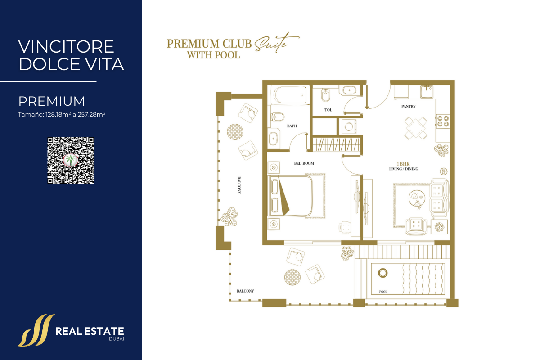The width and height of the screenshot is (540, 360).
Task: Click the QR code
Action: [71, 160]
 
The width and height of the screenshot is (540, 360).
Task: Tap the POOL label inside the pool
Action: [383, 292]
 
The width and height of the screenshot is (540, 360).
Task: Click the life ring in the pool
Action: [382, 273]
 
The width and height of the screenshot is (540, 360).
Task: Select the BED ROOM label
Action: [304, 163]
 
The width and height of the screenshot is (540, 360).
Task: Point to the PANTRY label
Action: [409, 106]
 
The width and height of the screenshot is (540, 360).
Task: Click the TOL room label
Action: [328, 110]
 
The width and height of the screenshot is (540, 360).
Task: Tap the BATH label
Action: [292, 126]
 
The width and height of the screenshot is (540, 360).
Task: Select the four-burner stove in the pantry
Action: [443, 121]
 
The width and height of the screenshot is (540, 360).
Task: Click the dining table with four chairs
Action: [416, 128]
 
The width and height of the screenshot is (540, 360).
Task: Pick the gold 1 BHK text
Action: [403, 164]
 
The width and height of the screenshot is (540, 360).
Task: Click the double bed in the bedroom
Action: [292, 196]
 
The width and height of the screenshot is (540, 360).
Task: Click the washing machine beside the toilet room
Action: [349, 126]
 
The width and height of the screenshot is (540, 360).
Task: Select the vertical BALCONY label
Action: [239, 185]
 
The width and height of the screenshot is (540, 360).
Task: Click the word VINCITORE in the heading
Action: [66, 47]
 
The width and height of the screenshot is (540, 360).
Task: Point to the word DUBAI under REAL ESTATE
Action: [117, 339]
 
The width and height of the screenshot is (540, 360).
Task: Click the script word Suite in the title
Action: [276, 43]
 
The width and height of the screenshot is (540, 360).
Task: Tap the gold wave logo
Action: [36, 330]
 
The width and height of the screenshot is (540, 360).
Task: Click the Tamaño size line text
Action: [62, 114]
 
